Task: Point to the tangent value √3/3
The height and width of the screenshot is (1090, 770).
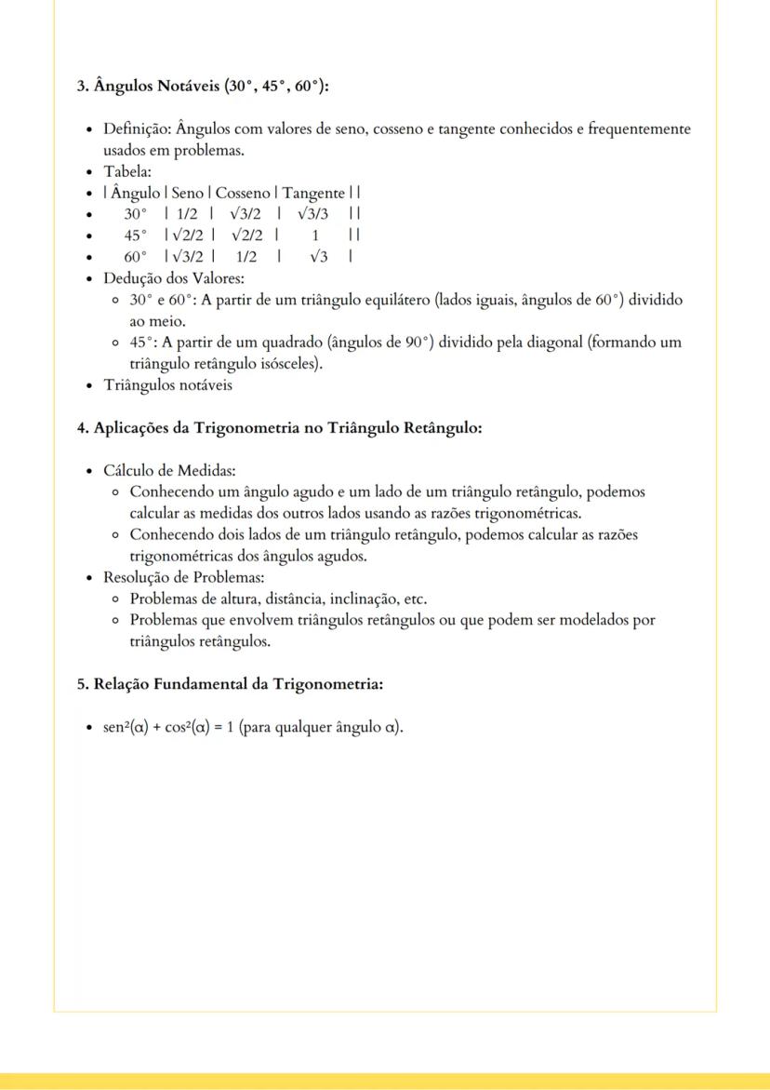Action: (313, 213)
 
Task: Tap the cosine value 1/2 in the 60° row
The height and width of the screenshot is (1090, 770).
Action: (246, 256)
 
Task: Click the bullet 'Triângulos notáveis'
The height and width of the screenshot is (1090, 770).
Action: (167, 385)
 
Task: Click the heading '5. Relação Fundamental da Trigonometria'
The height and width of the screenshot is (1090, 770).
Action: (230, 683)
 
